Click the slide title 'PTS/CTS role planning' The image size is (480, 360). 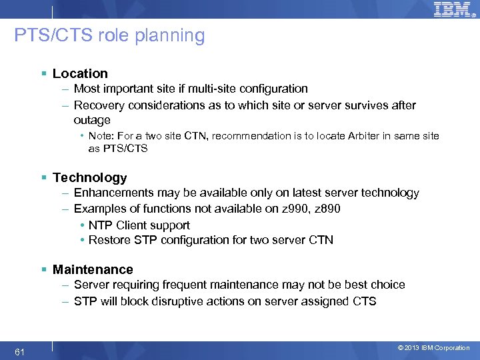[x=109, y=35]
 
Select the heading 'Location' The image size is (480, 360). [x=80, y=73]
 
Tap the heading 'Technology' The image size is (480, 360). [x=89, y=177]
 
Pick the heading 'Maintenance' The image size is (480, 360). [x=93, y=269]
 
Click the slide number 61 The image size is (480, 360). [x=19, y=351]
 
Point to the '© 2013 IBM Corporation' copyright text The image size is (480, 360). [x=433, y=348]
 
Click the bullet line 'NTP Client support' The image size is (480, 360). [x=139, y=225]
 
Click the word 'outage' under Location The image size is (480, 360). [x=92, y=120]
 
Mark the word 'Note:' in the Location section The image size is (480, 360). [x=102, y=136]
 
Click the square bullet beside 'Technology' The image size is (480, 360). [x=44, y=177]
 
